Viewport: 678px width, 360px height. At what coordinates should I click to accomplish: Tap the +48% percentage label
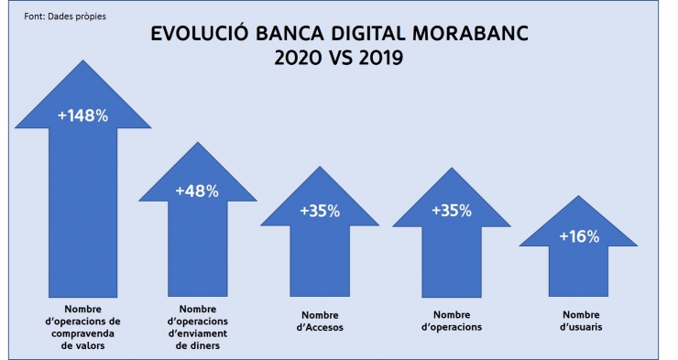click(197, 191)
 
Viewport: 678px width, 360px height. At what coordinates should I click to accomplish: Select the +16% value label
click(579, 236)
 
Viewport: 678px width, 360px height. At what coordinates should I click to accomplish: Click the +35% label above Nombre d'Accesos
click(320, 211)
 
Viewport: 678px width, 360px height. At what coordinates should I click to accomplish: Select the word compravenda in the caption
click(83, 334)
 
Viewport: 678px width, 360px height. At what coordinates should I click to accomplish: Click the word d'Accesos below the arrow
click(320, 327)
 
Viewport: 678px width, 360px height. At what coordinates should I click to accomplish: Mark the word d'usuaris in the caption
click(579, 327)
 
